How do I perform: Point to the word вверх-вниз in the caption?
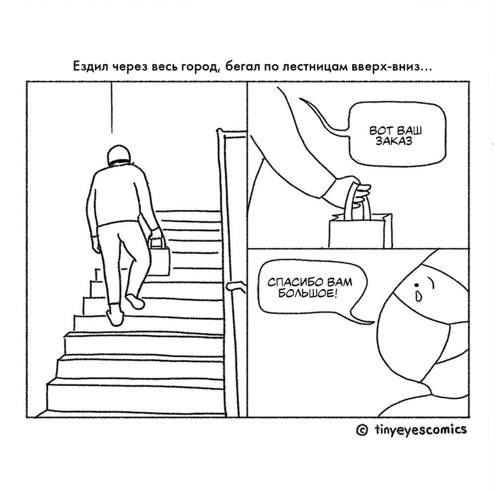[387, 67]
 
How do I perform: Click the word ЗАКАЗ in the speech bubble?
[394, 141]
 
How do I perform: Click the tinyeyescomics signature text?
[421, 429]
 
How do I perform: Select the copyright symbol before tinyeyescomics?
[362, 430]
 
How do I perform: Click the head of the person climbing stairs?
[119, 155]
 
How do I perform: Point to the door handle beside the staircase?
[236, 286]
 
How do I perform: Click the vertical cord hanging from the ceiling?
[112, 107]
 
